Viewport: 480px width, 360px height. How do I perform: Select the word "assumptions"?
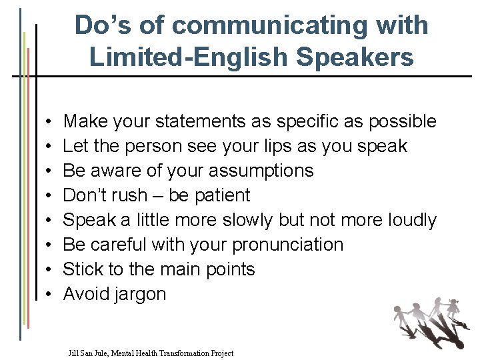261,171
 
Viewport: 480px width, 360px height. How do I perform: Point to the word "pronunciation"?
287,245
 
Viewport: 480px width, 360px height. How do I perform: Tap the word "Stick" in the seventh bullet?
79,269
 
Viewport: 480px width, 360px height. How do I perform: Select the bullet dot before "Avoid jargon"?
51,295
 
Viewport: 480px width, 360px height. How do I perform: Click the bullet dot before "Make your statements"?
51,122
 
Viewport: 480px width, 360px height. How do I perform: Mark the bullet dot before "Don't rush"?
51,196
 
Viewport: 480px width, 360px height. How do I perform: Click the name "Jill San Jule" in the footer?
90,353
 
